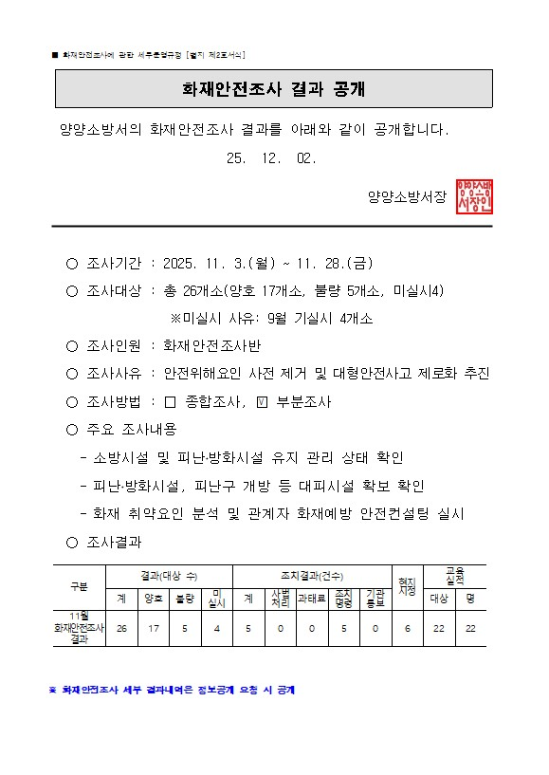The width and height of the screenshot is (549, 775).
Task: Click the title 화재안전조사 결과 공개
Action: tap(274, 89)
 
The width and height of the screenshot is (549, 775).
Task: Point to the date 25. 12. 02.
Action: tap(271, 158)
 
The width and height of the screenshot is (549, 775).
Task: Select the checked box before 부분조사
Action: tap(264, 401)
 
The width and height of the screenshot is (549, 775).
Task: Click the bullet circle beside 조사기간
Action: tap(72, 263)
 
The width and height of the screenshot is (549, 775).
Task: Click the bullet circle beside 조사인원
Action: tap(72, 346)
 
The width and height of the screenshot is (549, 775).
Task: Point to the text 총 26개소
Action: tap(194, 290)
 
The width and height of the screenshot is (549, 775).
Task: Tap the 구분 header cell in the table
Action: tap(79, 586)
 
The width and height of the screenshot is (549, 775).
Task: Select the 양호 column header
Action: tap(153, 600)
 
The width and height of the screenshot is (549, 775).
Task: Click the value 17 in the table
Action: tap(153, 629)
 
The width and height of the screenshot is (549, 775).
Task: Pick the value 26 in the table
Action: tap(121, 629)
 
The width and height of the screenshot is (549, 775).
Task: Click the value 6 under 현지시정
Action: tap(407, 629)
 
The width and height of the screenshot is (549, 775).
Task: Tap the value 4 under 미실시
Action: tap(216, 629)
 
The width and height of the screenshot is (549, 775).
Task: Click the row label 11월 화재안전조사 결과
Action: tap(79, 628)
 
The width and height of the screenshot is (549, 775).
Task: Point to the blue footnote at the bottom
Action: tap(172, 690)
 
